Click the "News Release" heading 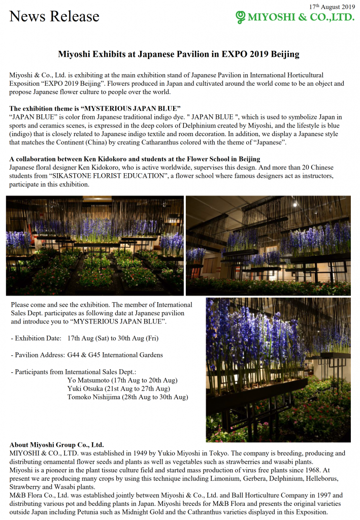tap(54, 16)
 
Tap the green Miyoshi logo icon tap(240, 18)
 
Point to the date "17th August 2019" tap(332, 6)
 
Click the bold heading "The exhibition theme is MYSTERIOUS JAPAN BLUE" tap(95, 108)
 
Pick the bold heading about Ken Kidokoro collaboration tap(135, 159)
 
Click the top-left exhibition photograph tap(95, 245)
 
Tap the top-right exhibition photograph tap(268, 245)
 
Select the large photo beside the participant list tap(278, 369)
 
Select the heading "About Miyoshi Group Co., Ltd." tap(56, 444)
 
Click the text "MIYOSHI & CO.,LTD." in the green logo tap(301, 18)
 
